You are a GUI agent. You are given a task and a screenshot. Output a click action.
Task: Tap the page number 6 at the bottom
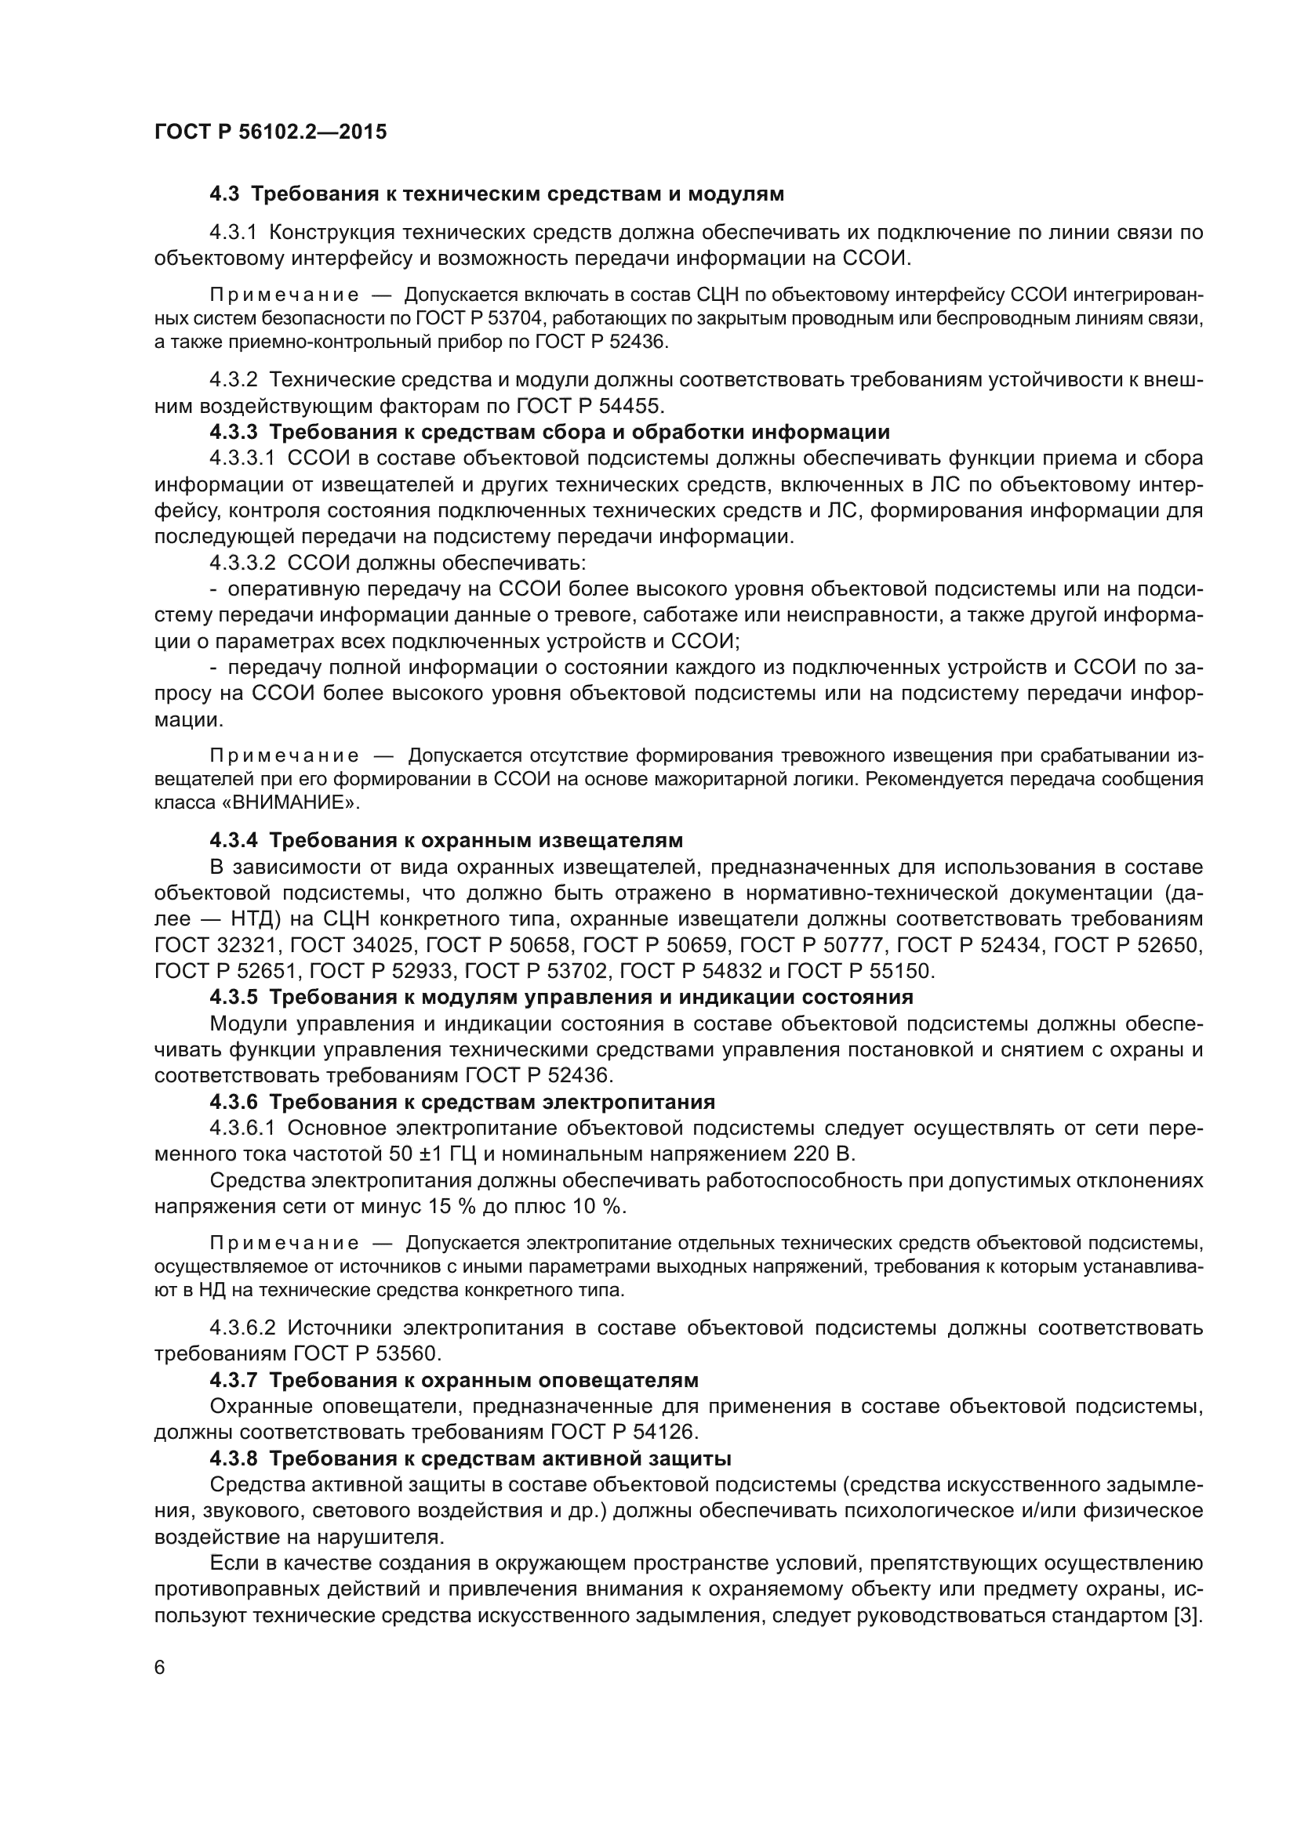(160, 1668)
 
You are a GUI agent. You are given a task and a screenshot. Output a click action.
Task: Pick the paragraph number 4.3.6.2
(243, 1328)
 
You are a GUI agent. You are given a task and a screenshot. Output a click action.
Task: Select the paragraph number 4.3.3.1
(243, 458)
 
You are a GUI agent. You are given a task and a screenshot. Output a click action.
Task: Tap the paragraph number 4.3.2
(233, 380)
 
